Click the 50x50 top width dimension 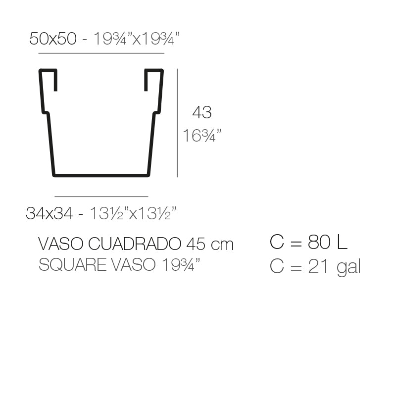pos(52,39)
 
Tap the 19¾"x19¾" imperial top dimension pos(136,39)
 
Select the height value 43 pos(201,113)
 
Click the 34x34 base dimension pos(49,214)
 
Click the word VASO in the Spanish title pos(58,244)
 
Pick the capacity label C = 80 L pos(308,243)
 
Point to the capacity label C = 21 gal pos(315,266)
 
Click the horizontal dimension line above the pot pos(101,53)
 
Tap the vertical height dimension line pos(177,124)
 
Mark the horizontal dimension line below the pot pos(101,197)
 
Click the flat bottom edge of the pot pos(101,175)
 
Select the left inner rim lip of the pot pos(55,81)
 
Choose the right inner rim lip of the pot pos(146,81)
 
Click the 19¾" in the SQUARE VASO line pos(181,266)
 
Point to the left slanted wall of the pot pos(50,144)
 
